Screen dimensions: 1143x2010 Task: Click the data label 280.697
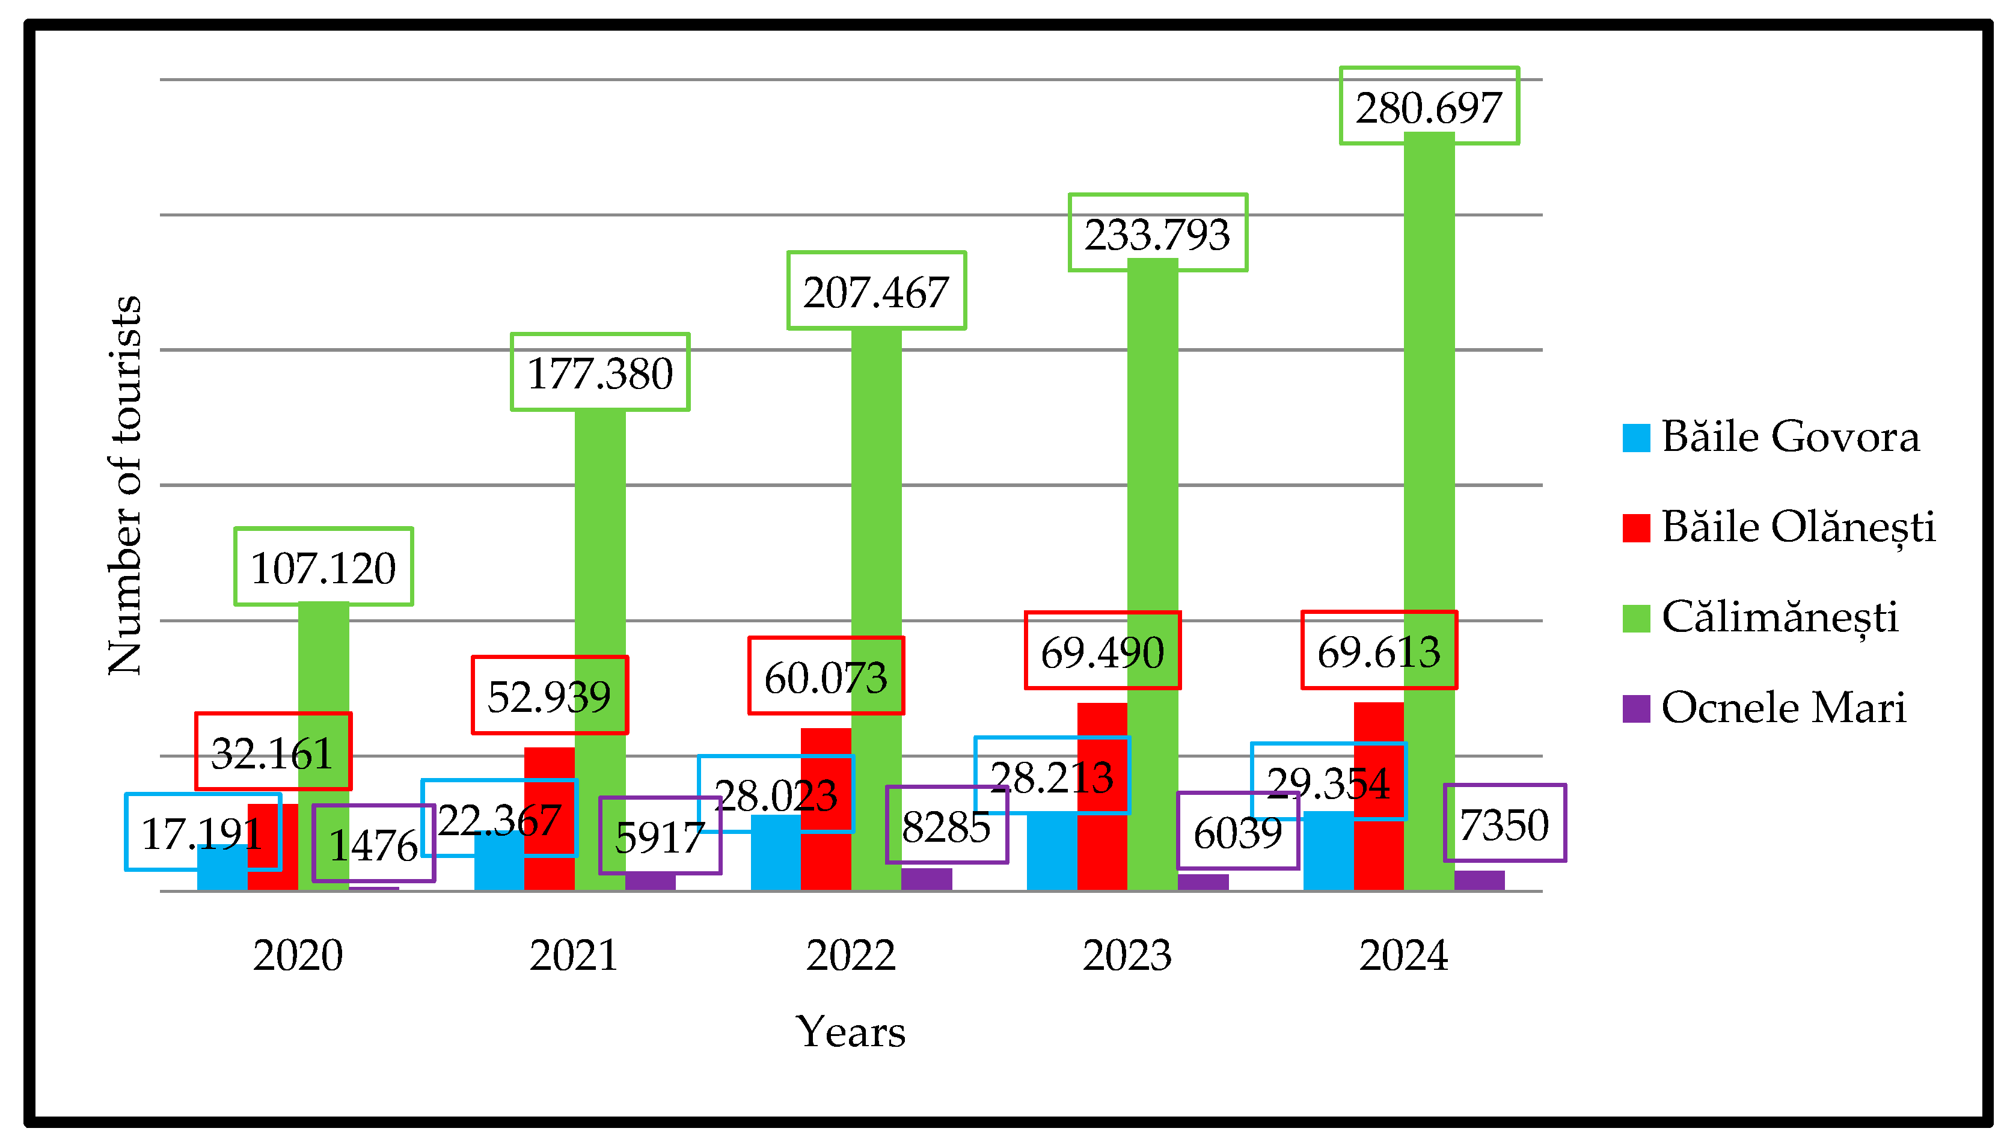pyautogui.click(x=1429, y=107)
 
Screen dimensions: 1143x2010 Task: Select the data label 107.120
pyautogui.click(x=323, y=567)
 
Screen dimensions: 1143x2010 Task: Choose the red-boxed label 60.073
pyautogui.click(x=826, y=676)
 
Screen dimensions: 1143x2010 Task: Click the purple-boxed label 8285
pyautogui.click(x=946, y=825)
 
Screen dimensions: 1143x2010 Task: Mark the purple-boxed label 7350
pyautogui.click(x=1504, y=824)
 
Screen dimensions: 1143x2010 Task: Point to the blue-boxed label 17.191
pyautogui.click(x=203, y=832)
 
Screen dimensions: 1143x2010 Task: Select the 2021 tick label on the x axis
pyautogui.click(x=574, y=955)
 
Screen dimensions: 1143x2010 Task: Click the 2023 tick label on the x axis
pyautogui.click(x=1127, y=955)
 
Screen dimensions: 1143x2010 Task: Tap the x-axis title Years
pyautogui.click(x=850, y=1032)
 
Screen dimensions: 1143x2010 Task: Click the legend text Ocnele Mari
pyautogui.click(x=1783, y=707)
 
